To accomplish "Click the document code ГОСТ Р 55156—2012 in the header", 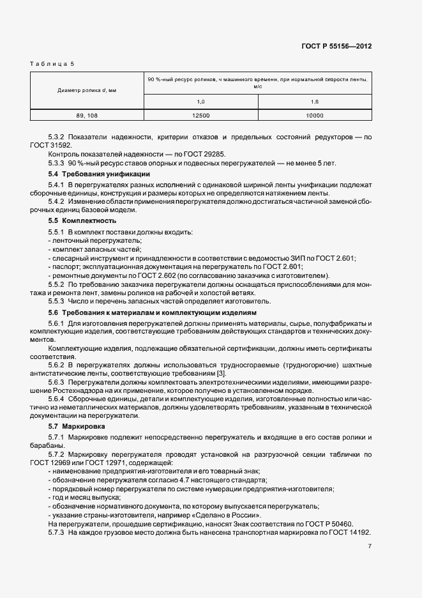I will pyautogui.click(x=336, y=46).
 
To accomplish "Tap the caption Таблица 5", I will pyautogui.click(x=52, y=64).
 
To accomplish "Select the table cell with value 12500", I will pyautogui.click(x=200, y=116).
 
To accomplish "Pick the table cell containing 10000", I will pyautogui.click(x=315, y=116).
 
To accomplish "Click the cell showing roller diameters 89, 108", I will pyautogui.click(x=87, y=116).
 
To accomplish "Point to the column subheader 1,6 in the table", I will pyautogui.click(x=315, y=102).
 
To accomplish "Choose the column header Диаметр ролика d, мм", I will pyautogui.click(x=87, y=90).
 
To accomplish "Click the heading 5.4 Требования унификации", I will pyautogui.click(x=99, y=174).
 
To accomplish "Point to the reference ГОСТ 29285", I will pyautogui.click(x=204, y=155).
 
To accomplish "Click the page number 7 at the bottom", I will pyautogui.click(x=370, y=546).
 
